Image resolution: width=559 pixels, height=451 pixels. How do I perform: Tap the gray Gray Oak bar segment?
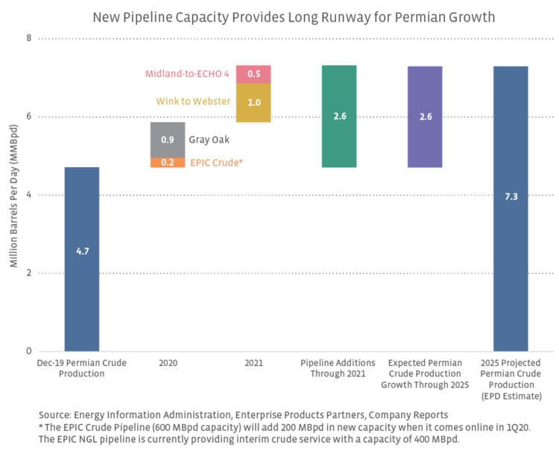[x=168, y=140]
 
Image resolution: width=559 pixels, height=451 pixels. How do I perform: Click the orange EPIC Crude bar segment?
[x=168, y=162]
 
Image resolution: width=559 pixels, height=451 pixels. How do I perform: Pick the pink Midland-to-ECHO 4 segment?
[x=253, y=74]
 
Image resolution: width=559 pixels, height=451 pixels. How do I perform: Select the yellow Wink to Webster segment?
[x=253, y=102]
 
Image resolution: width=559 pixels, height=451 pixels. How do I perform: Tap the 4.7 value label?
[x=82, y=252]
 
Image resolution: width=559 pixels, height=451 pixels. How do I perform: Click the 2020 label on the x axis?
[x=168, y=363]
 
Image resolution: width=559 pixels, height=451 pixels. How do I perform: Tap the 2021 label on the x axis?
[x=253, y=363]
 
